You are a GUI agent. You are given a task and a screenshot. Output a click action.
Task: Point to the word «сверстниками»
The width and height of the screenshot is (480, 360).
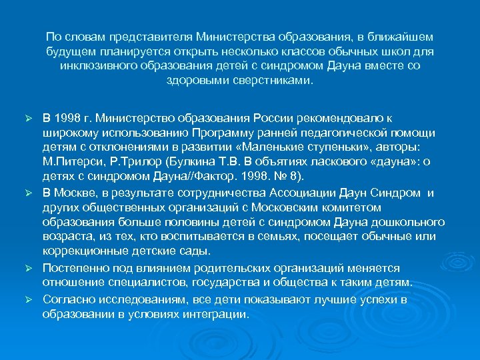coord(273,80)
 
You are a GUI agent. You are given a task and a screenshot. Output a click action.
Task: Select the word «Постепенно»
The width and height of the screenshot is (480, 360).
coord(73,267)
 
